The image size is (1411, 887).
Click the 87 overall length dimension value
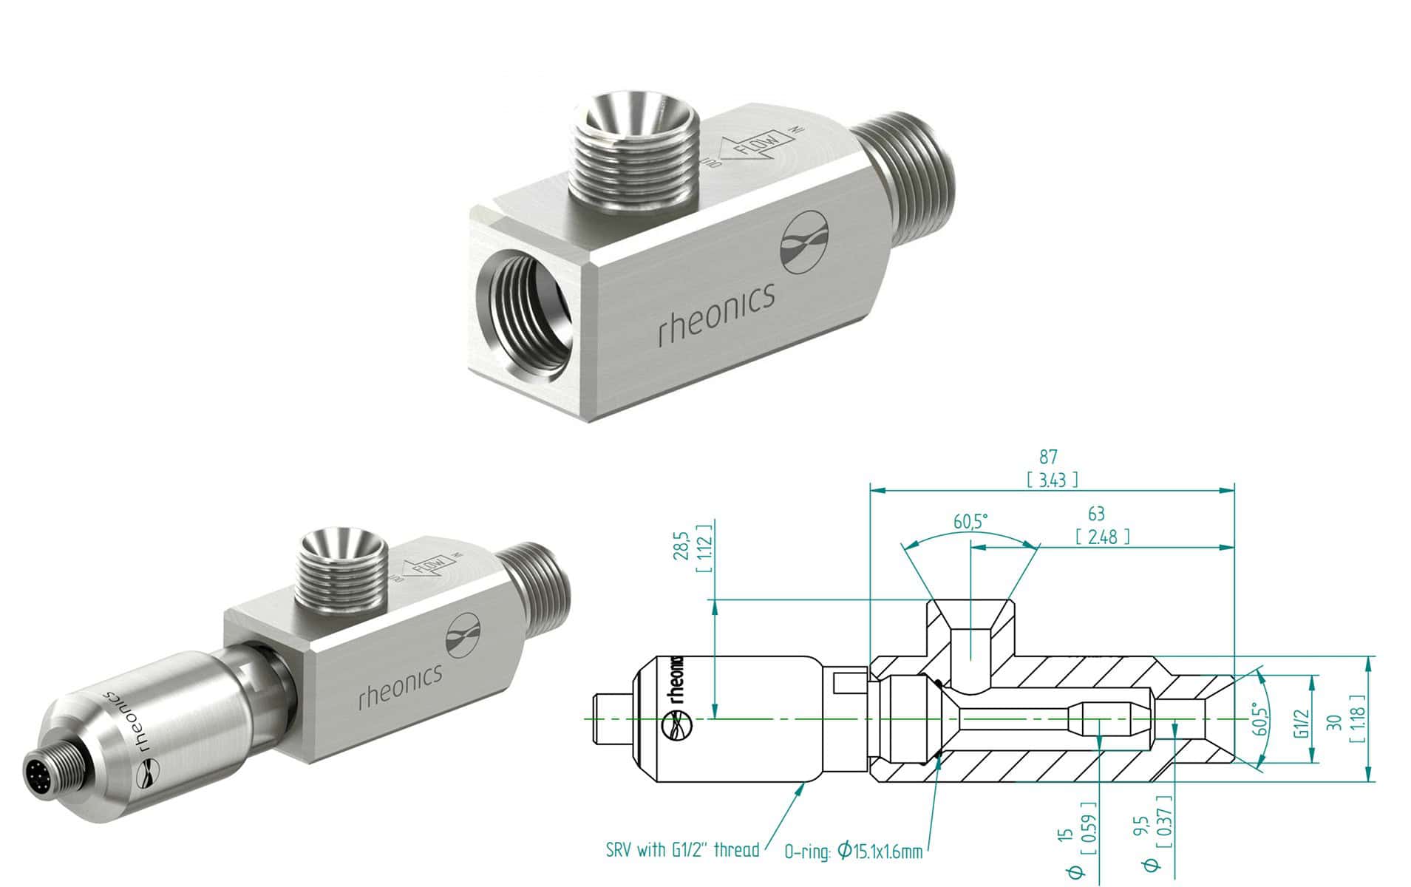tap(1047, 458)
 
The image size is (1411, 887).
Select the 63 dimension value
tap(1096, 514)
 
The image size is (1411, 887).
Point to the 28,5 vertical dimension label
tap(684, 545)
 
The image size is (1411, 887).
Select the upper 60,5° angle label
tap(970, 523)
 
